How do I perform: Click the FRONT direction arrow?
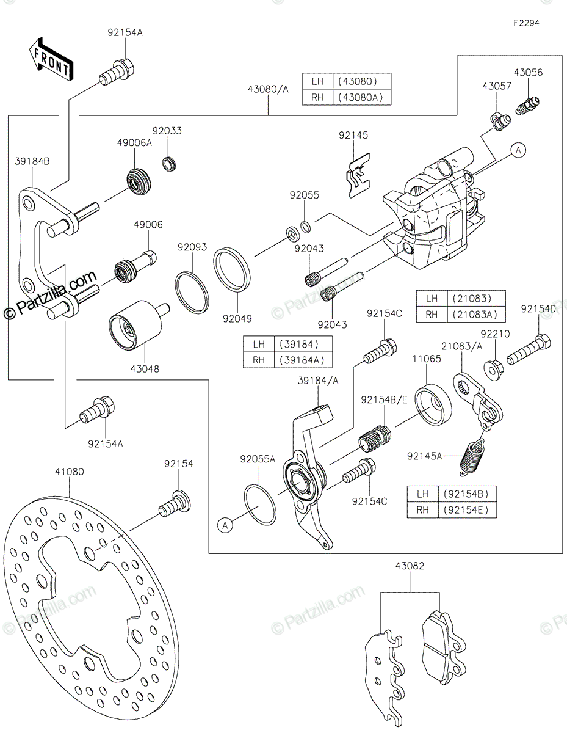51,60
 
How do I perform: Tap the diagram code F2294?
526,23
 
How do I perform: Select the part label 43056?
528,73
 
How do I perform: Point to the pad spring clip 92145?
358,175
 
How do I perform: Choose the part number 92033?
167,131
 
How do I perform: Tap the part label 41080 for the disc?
70,471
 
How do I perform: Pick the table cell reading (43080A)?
361,98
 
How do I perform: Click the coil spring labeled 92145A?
473,457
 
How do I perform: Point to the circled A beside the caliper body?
519,150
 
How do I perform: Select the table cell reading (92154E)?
466,510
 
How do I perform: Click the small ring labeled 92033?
169,164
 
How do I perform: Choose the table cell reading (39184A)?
302,360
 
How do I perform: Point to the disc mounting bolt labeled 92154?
175,505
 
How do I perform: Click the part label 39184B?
32,162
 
